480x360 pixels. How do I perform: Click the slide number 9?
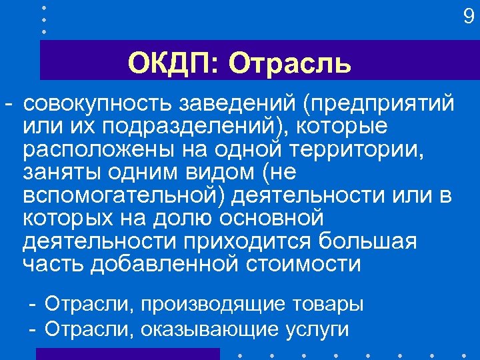point(469,15)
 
